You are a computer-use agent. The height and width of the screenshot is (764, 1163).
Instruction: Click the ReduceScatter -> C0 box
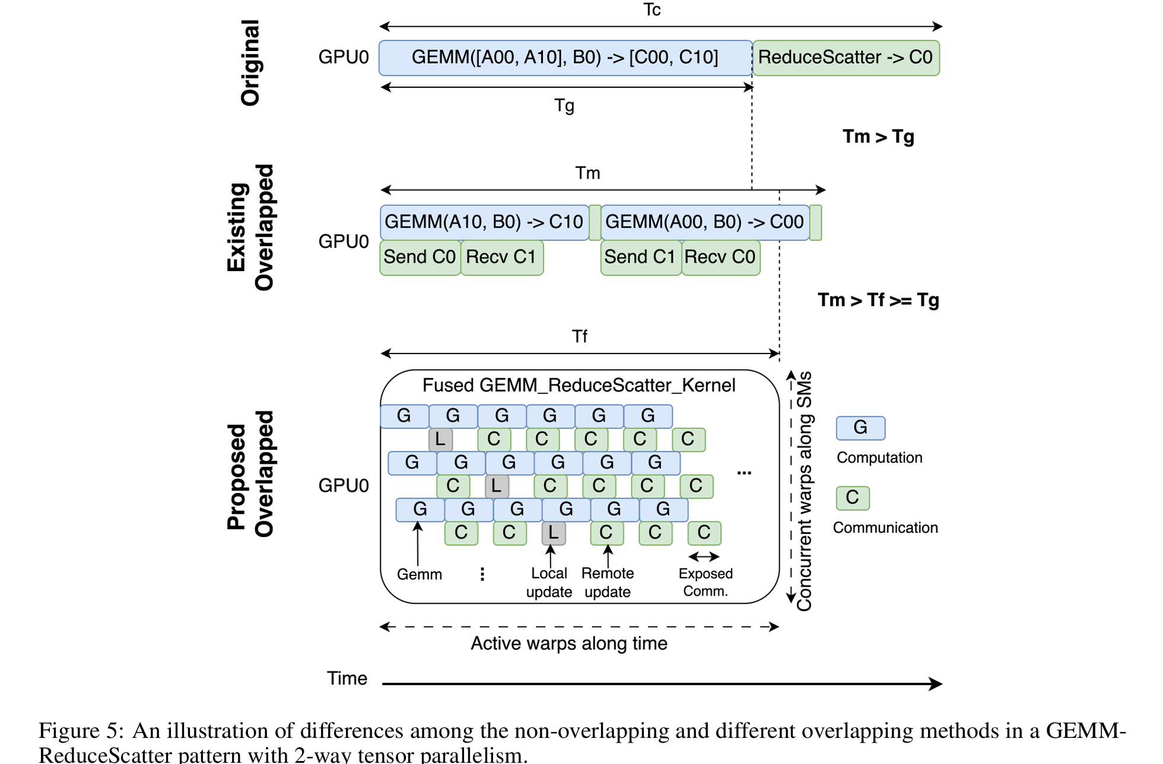pos(846,58)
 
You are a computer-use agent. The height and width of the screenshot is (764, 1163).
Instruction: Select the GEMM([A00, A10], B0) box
pos(565,58)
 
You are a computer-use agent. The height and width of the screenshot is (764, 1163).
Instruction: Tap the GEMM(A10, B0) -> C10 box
pos(484,222)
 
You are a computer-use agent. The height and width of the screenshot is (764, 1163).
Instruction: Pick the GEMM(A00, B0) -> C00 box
pos(704,222)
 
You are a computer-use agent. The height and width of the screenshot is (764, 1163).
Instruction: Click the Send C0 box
pos(420,257)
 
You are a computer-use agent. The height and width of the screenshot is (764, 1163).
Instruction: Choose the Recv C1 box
pos(501,257)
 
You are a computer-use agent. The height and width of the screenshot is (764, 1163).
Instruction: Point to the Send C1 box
pos(640,257)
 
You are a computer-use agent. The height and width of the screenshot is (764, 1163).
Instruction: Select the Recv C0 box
pos(720,257)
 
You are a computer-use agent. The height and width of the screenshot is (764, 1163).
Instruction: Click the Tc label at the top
pos(652,10)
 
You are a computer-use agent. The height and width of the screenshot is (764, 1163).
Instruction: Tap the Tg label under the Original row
pos(564,106)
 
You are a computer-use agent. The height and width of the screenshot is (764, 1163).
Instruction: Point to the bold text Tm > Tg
pos(878,136)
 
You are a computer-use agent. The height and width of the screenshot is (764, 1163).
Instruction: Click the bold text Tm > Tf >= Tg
pos(878,300)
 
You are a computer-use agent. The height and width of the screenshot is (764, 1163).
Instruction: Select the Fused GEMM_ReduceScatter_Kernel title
pos(579,386)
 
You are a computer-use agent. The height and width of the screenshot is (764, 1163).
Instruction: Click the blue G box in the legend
pos(860,428)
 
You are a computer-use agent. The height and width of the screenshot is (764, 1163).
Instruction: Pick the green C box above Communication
pos(853,498)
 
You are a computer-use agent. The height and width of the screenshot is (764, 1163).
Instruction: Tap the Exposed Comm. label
pos(706,582)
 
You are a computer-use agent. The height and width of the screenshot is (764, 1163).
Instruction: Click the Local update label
pos(549,582)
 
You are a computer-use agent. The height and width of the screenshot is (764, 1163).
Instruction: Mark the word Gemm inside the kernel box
pos(420,574)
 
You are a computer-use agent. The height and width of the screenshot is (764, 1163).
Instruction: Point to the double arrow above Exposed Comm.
pos(704,556)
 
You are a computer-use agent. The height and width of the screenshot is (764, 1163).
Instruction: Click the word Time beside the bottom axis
pos(347,678)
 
